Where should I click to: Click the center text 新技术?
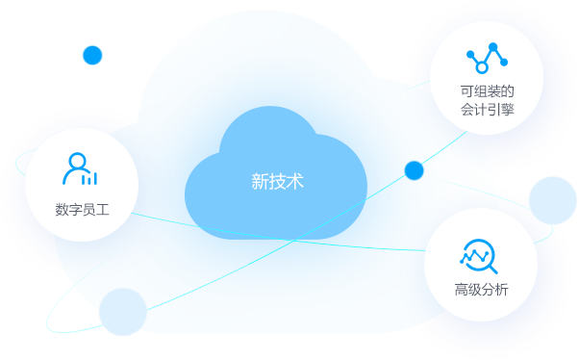tap(277, 180)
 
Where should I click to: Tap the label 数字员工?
tap(82, 209)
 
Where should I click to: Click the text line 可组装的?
tap(487, 91)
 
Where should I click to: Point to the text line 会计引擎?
tap(487, 110)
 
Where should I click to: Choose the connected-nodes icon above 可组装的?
tap(486, 57)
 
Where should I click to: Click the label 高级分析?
tap(481, 290)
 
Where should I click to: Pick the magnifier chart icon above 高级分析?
tap(478, 255)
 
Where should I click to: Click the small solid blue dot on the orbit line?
tap(415, 170)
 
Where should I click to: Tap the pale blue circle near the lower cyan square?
tap(123, 312)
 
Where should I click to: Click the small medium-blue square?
tap(93, 56)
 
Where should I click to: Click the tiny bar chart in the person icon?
tap(89, 178)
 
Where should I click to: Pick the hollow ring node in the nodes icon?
tap(482, 67)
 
